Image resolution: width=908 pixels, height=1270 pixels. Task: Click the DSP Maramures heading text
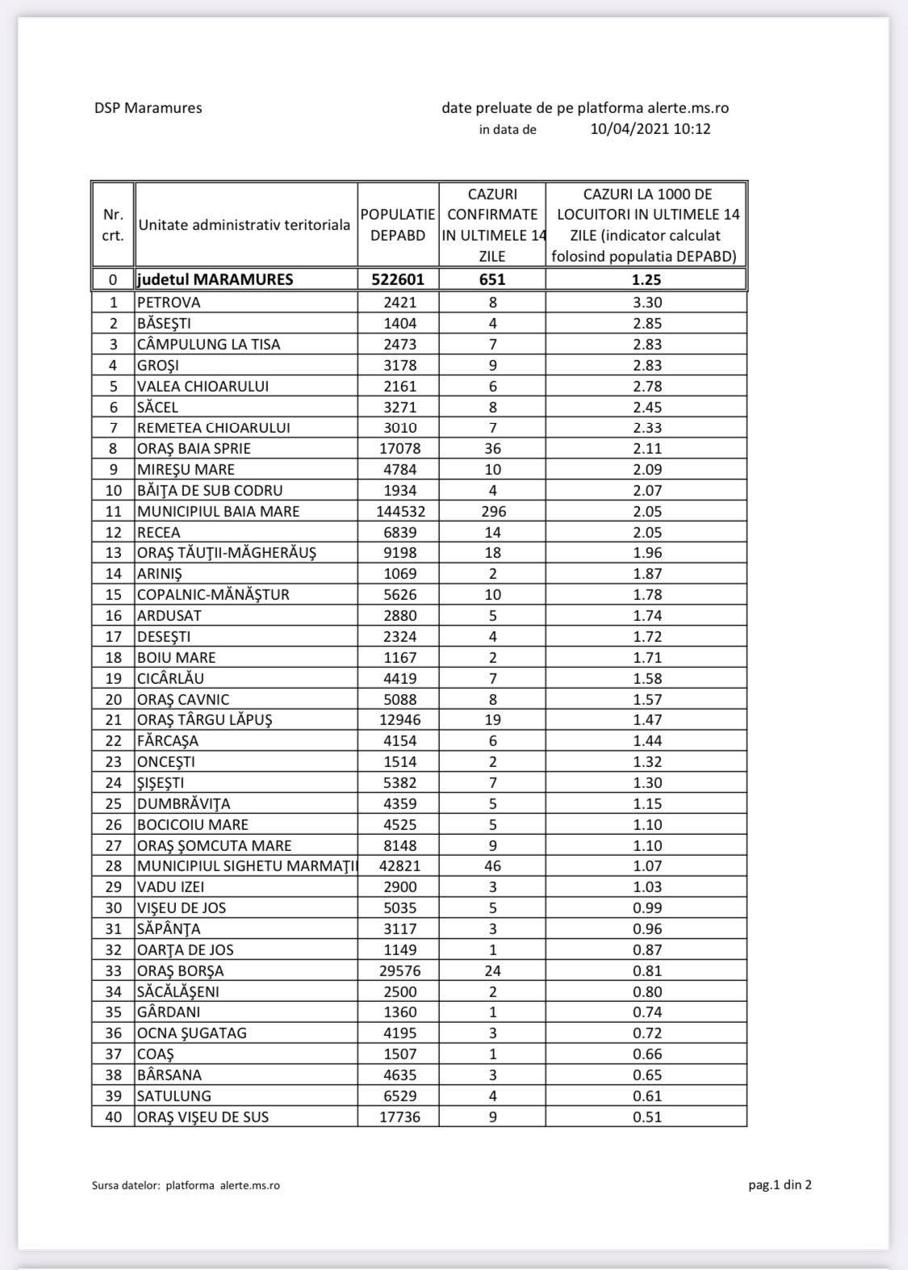148,107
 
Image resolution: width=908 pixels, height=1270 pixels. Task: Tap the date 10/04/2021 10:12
650,128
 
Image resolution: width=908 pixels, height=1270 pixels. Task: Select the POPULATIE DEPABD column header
398,225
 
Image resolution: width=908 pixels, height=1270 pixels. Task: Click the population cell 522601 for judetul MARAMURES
398,279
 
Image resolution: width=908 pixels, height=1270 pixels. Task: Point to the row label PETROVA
169,303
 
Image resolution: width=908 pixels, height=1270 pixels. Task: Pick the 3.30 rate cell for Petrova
647,303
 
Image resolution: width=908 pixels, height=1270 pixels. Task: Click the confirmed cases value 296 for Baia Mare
492,511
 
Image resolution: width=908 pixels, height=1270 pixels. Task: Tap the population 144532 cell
398,511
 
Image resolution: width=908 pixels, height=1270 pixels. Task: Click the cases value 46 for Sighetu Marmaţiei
492,866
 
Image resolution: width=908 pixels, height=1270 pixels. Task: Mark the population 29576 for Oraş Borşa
398,970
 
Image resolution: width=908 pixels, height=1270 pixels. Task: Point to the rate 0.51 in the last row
647,1117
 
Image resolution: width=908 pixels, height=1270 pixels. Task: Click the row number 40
113,1117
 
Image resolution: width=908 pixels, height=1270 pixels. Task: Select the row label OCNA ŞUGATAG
191,1033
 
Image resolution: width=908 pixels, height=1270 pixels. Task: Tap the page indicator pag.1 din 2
780,1185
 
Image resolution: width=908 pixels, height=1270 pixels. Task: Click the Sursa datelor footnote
186,1185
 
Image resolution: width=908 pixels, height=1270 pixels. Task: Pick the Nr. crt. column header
113,225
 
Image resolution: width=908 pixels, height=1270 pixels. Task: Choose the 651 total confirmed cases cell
492,279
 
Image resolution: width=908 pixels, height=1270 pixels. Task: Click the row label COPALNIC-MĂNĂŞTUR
213,594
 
